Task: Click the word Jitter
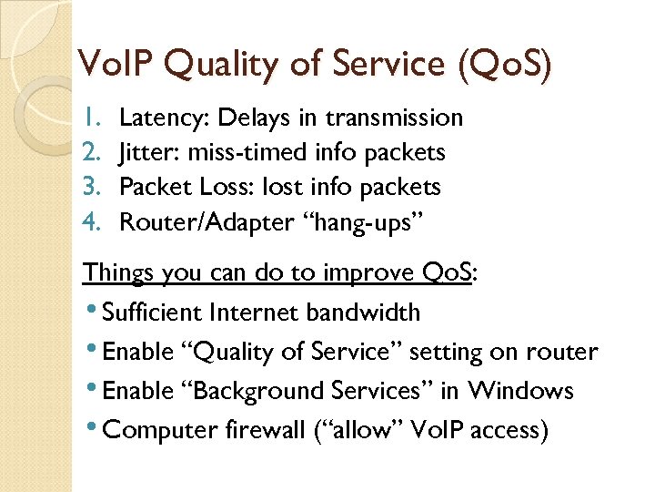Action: point(148,152)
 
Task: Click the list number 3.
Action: point(89,187)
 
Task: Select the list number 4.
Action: point(89,221)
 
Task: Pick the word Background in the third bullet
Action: point(224,391)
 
